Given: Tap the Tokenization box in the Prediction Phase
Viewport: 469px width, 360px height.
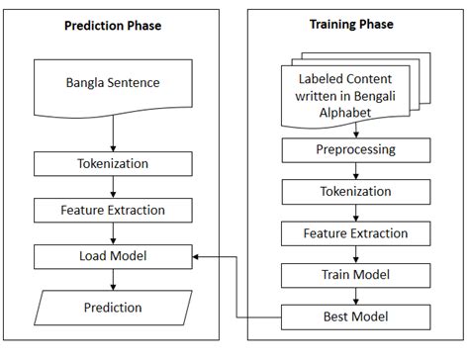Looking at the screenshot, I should click(x=112, y=163).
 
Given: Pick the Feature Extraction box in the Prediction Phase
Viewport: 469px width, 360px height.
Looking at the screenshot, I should click(x=112, y=210).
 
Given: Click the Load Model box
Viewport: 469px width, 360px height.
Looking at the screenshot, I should click(x=112, y=257).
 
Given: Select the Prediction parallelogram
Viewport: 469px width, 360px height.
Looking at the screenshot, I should click(x=112, y=308).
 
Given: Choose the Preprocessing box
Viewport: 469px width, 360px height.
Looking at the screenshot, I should click(x=354, y=149).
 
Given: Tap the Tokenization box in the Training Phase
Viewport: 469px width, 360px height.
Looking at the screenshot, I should click(x=354, y=191).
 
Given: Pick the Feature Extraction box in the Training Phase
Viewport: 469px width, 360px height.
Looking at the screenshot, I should click(x=354, y=233).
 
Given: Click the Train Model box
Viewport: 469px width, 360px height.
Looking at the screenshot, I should click(x=354, y=274).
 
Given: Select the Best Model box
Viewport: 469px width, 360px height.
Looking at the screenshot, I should click(x=354, y=316).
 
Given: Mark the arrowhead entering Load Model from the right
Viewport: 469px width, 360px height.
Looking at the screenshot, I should click(x=196, y=257).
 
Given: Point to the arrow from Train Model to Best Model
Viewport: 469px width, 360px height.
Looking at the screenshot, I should click(x=354, y=296).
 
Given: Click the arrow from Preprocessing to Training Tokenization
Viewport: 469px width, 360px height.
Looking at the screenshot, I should click(x=354, y=170).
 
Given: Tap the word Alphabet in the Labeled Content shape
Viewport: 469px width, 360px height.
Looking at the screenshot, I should click(x=353, y=114).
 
